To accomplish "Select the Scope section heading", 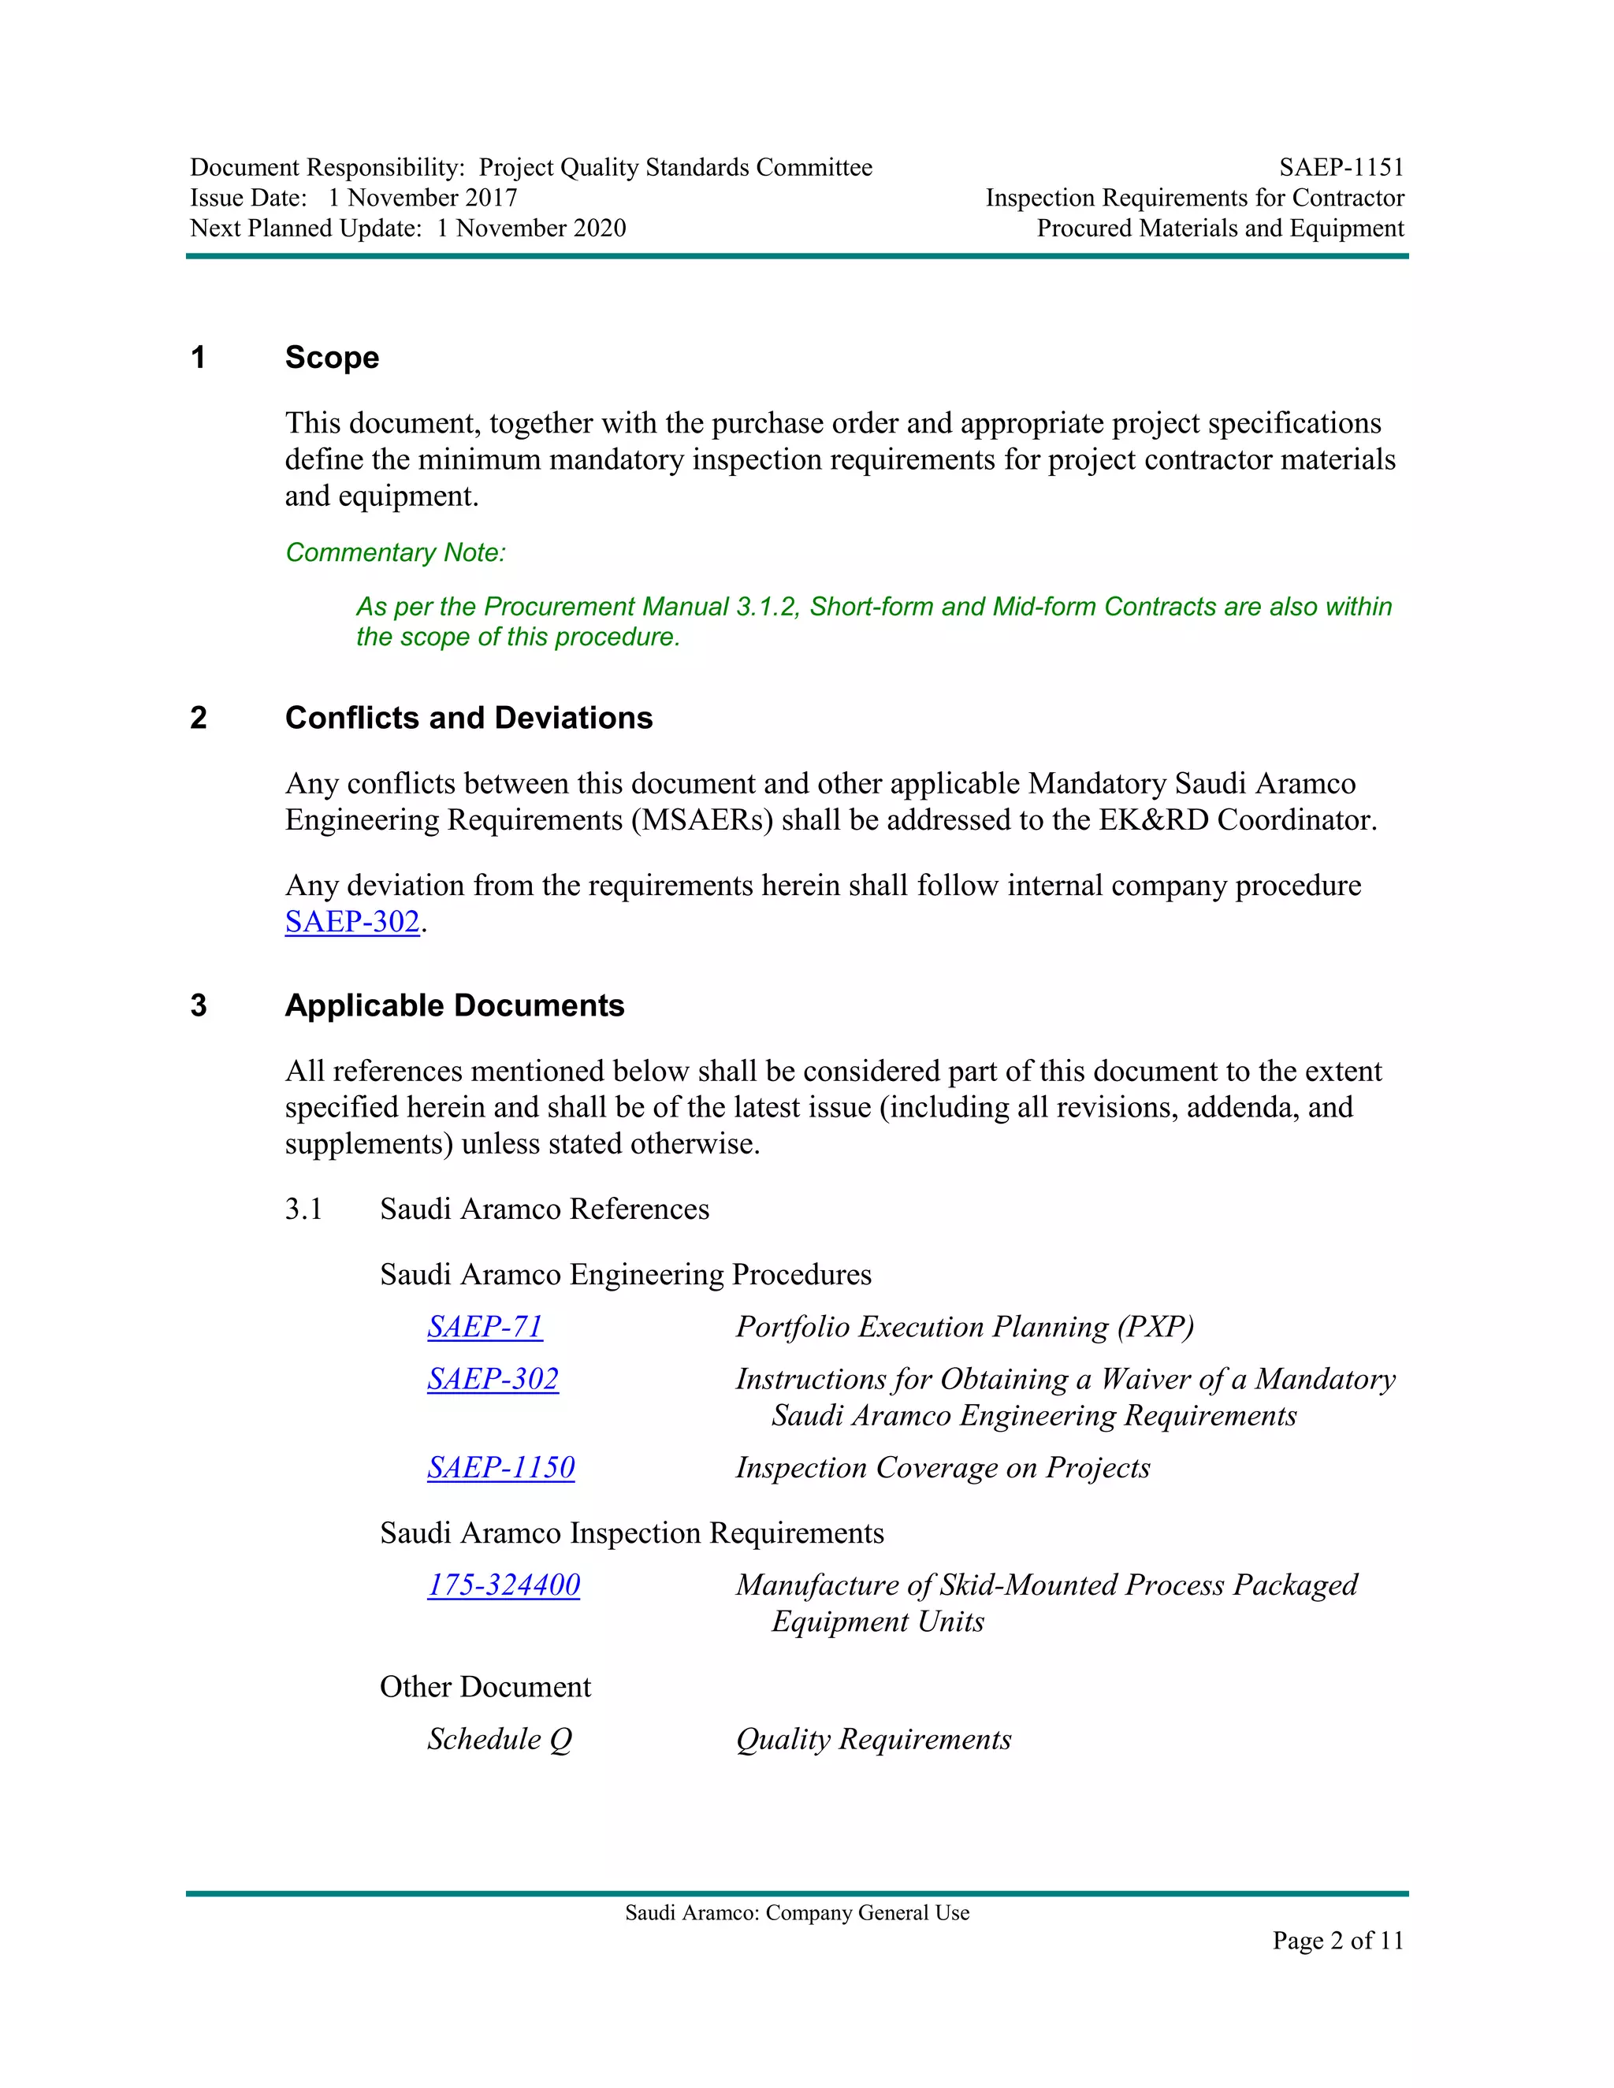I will (x=332, y=358).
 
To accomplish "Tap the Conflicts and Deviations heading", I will (x=469, y=718).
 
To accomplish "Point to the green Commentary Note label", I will (x=395, y=552).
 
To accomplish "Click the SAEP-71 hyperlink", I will (x=485, y=1327).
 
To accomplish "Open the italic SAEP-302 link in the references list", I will (x=493, y=1379).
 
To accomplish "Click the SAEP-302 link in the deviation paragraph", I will (x=351, y=922).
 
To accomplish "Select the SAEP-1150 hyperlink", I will (x=500, y=1468).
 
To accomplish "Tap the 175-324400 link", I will (x=503, y=1585).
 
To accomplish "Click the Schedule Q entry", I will (x=499, y=1739).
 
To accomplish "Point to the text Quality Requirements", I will (x=873, y=1739).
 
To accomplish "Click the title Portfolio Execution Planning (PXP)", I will (x=964, y=1327).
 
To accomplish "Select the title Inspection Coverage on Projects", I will (x=942, y=1468).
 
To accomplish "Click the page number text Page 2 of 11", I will (x=1337, y=1940).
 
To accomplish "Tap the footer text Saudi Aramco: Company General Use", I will (x=797, y=1913).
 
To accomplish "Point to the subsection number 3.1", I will (x=303, y=1209).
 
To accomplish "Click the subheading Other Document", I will (x=485, y=1686).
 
